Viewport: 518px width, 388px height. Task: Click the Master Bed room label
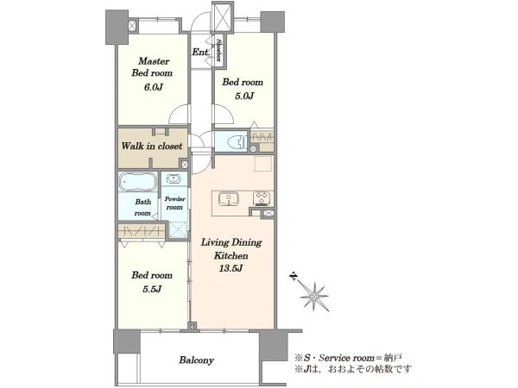(x=152, y=67)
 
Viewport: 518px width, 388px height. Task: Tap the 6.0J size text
(x=154, y=87)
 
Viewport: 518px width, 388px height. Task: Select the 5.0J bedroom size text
(x=244, y=96)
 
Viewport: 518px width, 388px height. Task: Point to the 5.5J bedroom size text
(x=152, y=289)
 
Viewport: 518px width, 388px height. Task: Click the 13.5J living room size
(x=231, y=268)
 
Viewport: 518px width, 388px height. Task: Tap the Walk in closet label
(x=152, y=146)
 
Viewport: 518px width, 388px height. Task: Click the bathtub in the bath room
(x=138, y=181)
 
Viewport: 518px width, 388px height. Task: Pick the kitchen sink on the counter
(x=229, y=199)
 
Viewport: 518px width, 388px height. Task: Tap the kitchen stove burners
(x=262, y=199)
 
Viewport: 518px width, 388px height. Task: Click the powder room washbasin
(x=174, y=178)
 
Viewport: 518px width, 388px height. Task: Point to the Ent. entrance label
(x=200, y=52)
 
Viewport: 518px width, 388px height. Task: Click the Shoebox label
(x=218, y=50)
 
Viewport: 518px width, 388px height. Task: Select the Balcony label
(x=196, y=360)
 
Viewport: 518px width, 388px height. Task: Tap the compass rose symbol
(x=314, y=297)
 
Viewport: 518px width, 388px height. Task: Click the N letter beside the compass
(x=293, y=276)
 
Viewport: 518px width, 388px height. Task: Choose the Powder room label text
(x=174, y=203)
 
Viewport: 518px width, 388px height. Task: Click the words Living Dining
(x=231, y=242)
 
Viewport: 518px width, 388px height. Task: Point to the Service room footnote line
(x=348, y=358)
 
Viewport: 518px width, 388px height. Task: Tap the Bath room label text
(x=143, y=208)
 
